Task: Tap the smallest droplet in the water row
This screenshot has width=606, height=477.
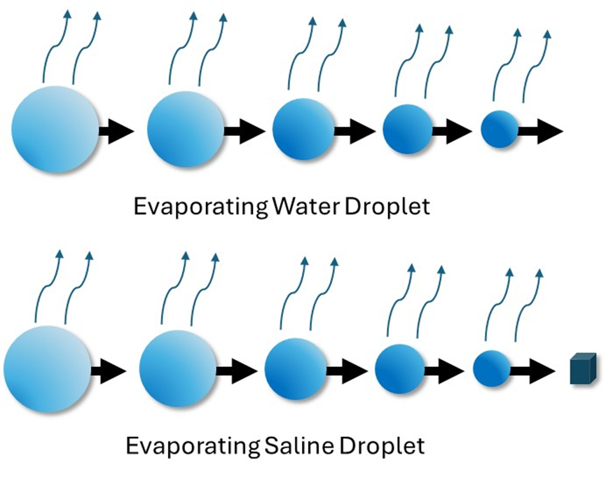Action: pyautogui.click(x=500, y=129)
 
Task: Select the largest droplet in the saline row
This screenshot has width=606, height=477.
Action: pyautogui.click(x=47, y=368)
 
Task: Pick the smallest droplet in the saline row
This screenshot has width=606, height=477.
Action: pyautogui.click(x=492, y=368)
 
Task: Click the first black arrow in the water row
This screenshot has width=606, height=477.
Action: pyautogui.click(x=116, y=131)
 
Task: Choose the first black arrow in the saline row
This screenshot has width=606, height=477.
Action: pyautogui.click(x=107, y=369)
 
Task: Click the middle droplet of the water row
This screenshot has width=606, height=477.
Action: pyautogui.click(x=303, y=129)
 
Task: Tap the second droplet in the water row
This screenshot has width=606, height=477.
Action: pyautogui.click(x=186, y=129)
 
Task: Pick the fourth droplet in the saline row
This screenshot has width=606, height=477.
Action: pyautogui.click(x=400, y=368)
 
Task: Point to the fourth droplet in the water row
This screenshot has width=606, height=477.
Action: pyautogui.click(x=408, y=129)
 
